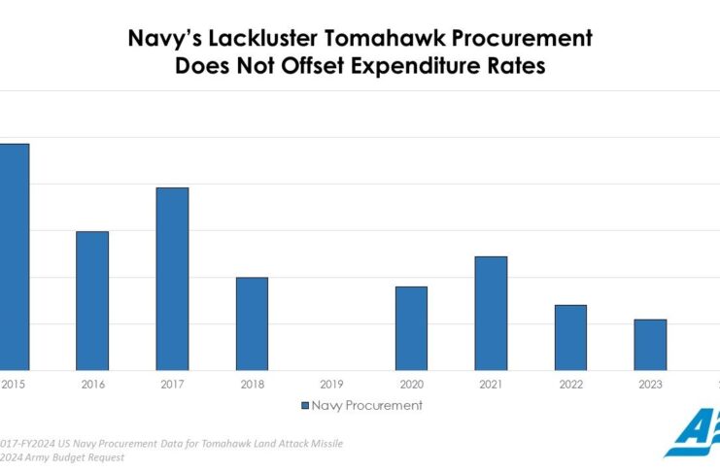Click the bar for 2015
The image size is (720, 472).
coord(14,256)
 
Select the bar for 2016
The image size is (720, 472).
coord(92,300)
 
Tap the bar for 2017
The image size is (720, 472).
coord(172,279)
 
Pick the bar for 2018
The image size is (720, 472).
coord(252,323)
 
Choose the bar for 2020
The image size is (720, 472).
coord(411,328)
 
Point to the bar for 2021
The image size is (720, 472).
coord(491,313)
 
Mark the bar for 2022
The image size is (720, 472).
coord(570,337)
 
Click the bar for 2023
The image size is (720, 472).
coord(650,345)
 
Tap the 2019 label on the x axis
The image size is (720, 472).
coord(331,385)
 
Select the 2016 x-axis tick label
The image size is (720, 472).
coord(92,385)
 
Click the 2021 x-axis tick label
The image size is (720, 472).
coord(491,385)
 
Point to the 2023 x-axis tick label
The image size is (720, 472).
coord(650,385)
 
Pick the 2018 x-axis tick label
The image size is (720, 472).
coord(252,385)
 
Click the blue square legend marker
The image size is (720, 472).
coord(304,405)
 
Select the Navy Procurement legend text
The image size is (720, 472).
coord(367,405)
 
